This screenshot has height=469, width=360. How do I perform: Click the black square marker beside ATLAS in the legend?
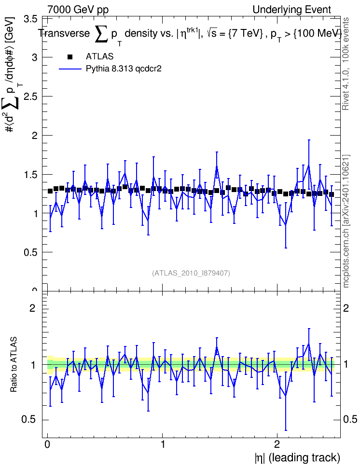pos(70,57)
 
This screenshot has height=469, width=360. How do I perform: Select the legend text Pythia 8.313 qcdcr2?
pos(124,69)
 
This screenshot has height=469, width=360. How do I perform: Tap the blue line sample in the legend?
pos(70,69)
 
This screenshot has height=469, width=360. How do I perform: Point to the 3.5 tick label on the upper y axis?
pos(30,19)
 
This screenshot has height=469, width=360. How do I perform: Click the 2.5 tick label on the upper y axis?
pos(30,97)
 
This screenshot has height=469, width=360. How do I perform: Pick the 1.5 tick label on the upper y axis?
pos(30,175)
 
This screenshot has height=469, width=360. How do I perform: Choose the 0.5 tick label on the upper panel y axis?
pos(30,252)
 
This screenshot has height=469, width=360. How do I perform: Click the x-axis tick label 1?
pos(163,444)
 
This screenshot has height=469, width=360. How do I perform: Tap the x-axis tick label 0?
pos(47,444)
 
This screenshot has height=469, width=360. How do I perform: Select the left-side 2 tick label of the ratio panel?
pos(32,308)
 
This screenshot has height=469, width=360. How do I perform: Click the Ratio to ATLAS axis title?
pos(14,365)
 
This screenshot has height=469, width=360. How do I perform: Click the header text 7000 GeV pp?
pos(78,10)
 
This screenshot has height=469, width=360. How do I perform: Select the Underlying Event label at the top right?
pos(292,10)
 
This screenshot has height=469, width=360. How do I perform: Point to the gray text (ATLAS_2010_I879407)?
pos(191,273)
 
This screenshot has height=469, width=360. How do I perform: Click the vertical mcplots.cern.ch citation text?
pos(346,221)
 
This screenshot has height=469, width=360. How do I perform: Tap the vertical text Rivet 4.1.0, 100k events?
pos(346,64)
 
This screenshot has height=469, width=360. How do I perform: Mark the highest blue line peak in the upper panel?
pos(309,166)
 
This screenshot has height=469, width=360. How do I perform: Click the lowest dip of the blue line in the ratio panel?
pos(286,396)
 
